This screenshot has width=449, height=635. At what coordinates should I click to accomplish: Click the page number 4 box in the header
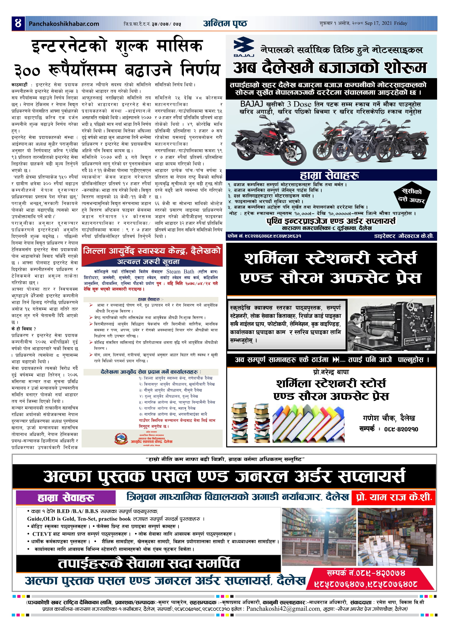(18, 23)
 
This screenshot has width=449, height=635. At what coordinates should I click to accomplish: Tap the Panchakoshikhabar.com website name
(64, 24)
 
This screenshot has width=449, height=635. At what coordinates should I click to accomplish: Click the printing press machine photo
(391, 325)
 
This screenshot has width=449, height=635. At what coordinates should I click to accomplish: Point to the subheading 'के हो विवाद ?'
(24, 329)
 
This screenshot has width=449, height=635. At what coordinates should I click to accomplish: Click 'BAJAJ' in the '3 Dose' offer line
(251, 104)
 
